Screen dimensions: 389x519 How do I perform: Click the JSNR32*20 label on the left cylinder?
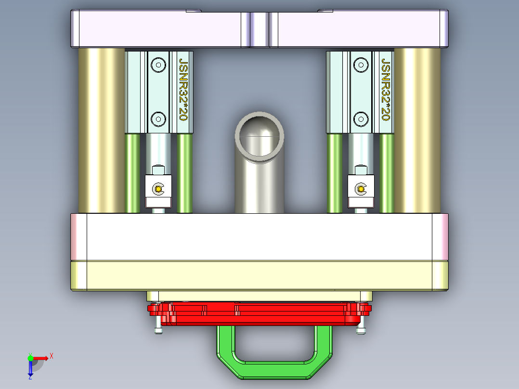point(183,90)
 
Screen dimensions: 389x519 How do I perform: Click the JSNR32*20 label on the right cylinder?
point(385,90)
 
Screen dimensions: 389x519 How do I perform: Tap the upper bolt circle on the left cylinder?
point(157,65)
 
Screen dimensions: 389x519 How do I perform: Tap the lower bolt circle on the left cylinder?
point(157,118)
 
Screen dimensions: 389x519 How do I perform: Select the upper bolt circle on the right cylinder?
point(360,65)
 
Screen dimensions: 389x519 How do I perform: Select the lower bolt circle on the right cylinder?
point(360,118)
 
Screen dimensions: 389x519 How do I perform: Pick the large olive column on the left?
point(102,130)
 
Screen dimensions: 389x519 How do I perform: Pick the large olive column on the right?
point(417,130)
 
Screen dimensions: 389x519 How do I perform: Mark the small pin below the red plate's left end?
point(157,330)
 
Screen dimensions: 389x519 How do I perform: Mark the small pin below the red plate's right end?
point(361,329)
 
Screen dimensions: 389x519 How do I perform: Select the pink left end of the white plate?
point(78,237)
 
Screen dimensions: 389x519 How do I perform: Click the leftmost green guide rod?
point(132,173)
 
